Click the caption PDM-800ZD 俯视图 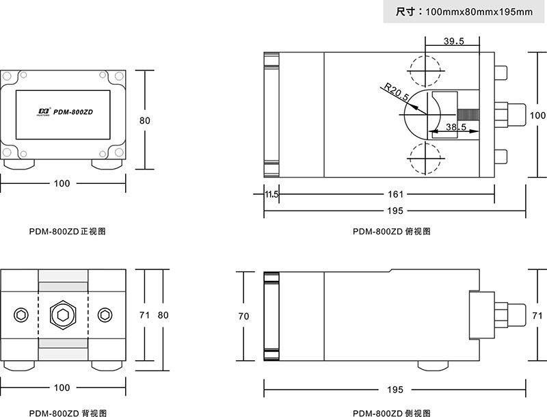(391, 231)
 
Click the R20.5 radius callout (396, 92)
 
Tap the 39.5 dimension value (453, 41)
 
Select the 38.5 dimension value (455, 127)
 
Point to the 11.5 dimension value (271, 194)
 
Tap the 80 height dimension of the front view (144, 120)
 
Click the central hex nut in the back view (63, 314)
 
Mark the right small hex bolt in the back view (104, 314)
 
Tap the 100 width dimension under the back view (62, 388)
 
